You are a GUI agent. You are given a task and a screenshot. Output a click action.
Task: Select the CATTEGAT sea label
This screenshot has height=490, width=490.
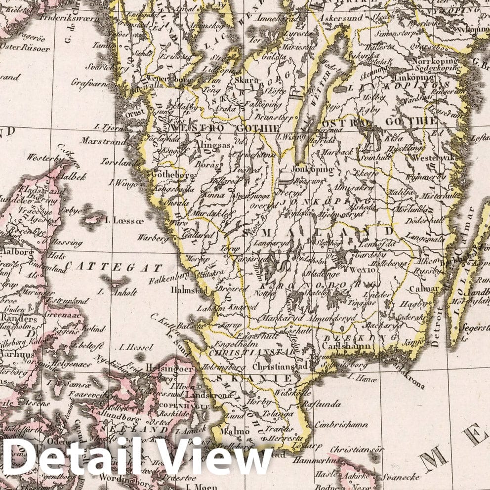coord(114,267)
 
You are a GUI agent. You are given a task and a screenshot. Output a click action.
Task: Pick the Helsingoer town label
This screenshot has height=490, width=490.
coord(169,368)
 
